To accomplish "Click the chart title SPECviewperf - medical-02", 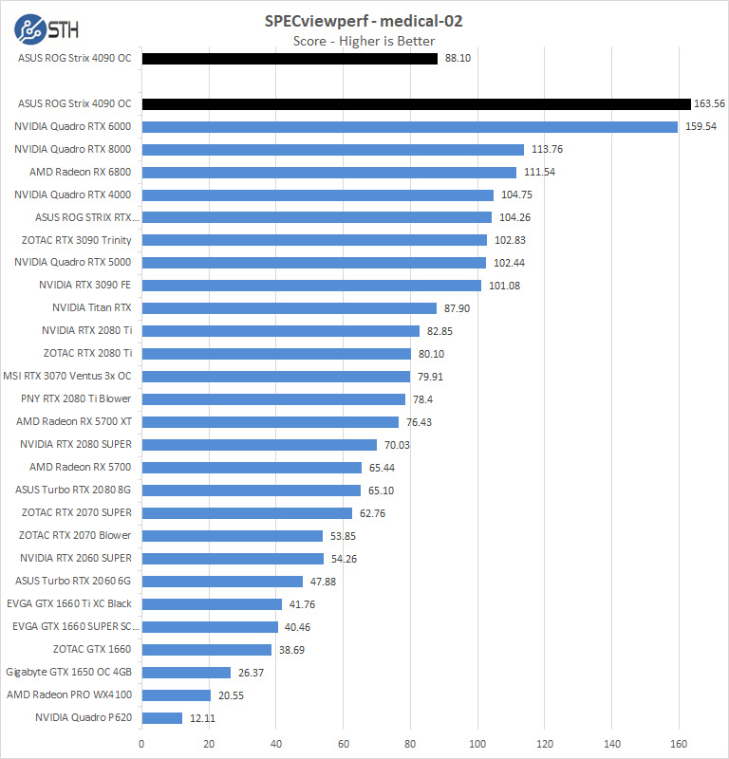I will (364, 20).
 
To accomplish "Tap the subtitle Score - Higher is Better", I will (364, 41).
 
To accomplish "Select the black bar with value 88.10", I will (290, 59).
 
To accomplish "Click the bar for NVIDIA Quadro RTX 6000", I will (409, 126).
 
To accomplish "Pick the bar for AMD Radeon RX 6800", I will (328, 172).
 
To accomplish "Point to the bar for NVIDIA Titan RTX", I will (289, 308).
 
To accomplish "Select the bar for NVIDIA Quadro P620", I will (161, 718).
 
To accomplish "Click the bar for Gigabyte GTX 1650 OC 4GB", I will (186, 673).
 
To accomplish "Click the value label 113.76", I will (547, 149).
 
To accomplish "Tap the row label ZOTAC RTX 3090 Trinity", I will (76, 240).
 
